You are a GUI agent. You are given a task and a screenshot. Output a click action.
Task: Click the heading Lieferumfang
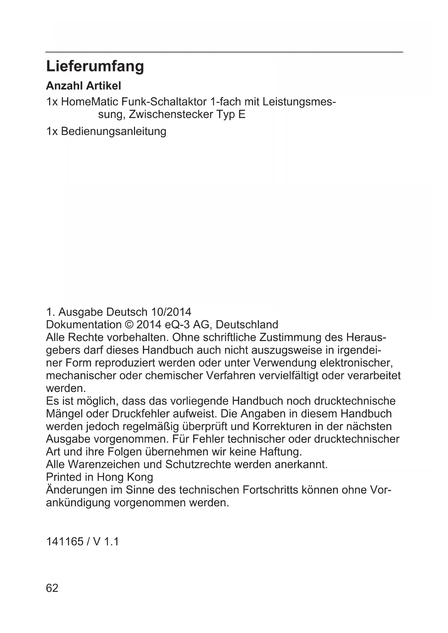click(95, 66)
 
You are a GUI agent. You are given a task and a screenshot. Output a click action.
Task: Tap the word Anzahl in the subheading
click(64, 86)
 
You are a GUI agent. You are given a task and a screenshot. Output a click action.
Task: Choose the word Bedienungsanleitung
click(113, 131)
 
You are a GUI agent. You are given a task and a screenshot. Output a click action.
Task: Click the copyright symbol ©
click(129, 324)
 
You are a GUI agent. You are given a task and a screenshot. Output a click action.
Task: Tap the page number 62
click(52, 588)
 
